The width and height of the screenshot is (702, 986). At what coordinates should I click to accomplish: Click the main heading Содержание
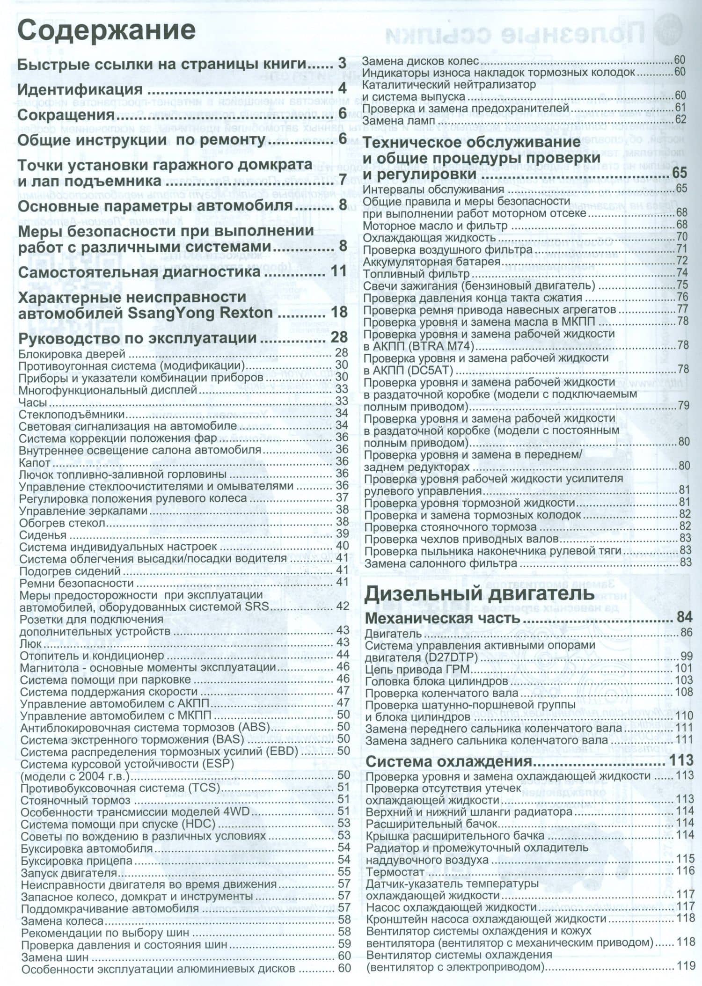pyautogui.click(x=106, y=30)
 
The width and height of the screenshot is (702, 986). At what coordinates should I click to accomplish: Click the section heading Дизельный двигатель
pyautogui.click(x=479, y=593)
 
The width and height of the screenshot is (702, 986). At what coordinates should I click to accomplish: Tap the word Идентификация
pyautogui.click(x=80, y=89)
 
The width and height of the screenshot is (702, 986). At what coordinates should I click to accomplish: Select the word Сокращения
pyautogui.click(x=66, y=115)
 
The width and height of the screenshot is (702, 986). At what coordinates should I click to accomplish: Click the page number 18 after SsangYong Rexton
pyautogui.click(x=339, y=313)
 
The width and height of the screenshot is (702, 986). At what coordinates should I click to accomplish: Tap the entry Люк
pyautogui.click(x=30, y=644)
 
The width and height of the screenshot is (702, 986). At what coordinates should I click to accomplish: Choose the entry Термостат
pyautogui.click(x=395, y=872)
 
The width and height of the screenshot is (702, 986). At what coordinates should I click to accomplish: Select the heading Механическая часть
pyautogui.click(x=442, y=618)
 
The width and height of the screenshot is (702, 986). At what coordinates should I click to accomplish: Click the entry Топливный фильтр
pyautogui.click(x=416, y=273)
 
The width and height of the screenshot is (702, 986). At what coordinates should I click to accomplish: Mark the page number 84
pyautogui.click(x=684, y=618)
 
